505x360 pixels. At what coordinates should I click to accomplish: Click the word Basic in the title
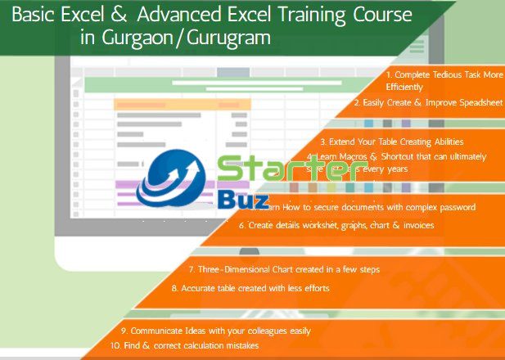coord(37,14)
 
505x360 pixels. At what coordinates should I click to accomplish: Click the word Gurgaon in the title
coord(142,38)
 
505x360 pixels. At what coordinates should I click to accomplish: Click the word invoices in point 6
coord(415,224)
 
